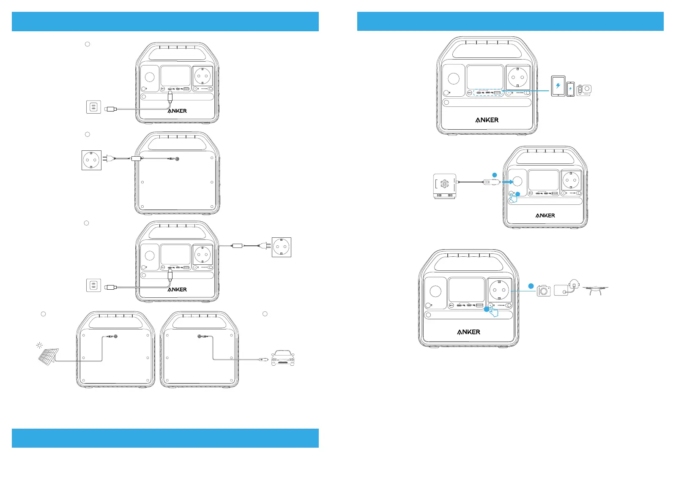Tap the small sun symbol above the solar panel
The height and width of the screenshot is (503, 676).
pyautogui.click(x=39, y=345)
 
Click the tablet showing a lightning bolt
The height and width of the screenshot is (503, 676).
pyautogui.click(x=558, y=86)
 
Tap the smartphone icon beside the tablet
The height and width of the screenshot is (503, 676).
pyautogui.click(x=570, y=89)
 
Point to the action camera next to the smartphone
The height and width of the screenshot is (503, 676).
pyautogui.click(x=585, y=90)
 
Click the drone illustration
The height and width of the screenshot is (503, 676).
pyautogui.click(x=596, y=290)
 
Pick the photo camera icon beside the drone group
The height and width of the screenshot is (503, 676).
pyautogui.click(x=544, y=291)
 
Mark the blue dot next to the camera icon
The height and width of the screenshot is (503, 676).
pyautogui.click(x=531, y=286)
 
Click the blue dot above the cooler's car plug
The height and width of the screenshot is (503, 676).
pyautogui.click(x=495, y=174)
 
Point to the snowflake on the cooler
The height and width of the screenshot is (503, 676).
pyautogui.click(x=445, y=184)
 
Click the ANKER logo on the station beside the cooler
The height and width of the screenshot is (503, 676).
pyautogui.click(x=545, y=215)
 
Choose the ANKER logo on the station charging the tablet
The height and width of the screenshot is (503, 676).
pyautogui.click(x=487, y=120)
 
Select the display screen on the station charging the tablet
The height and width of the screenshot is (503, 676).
pyautogui.click(x=484, y=77)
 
